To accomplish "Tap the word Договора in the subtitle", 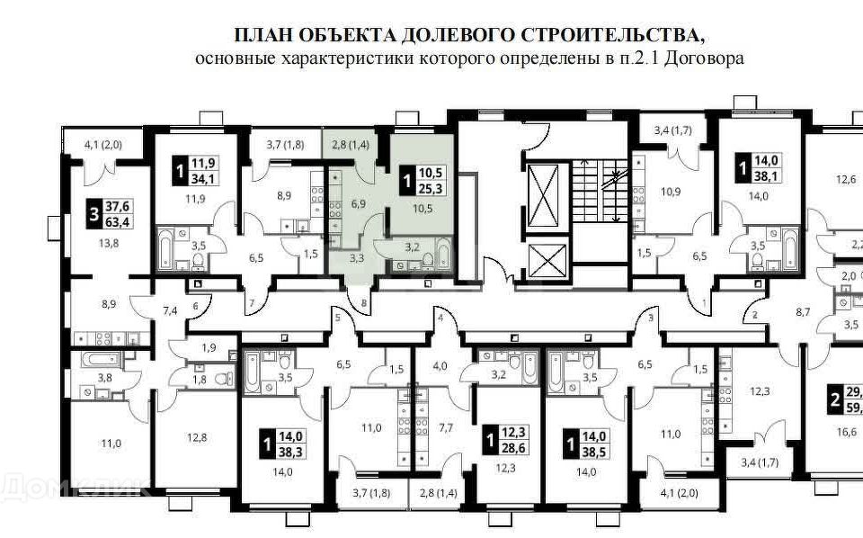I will click(x=707, y=58).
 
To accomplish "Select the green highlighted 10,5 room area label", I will click(x=423, y=208).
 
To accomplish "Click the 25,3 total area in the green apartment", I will click(x=423, y=189).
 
